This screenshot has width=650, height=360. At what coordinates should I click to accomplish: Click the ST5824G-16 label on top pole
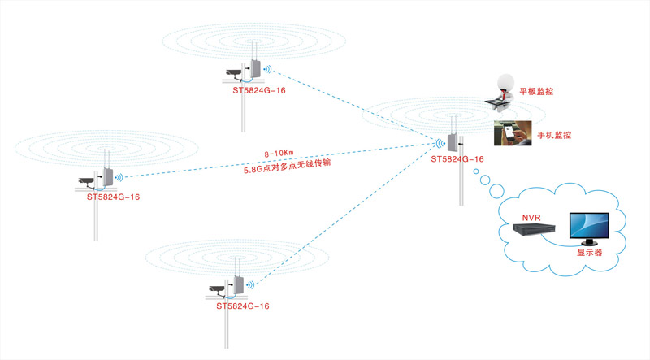258,91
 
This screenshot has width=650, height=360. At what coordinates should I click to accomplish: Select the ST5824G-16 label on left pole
113,197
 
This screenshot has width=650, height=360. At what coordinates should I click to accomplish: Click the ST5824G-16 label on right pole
457,159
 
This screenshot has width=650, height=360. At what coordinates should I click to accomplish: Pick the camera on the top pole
235,72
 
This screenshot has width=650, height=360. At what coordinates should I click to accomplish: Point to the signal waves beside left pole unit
119,176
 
